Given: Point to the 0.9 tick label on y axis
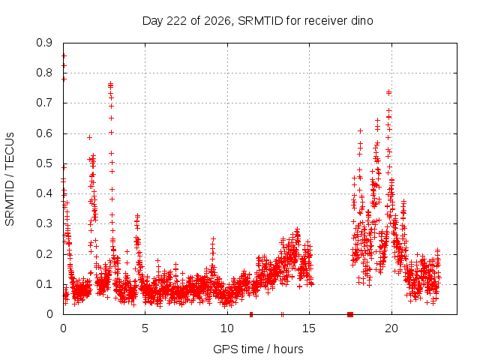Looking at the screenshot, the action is click(x=44, y=43).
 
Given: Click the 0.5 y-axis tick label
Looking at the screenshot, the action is click(x=44, y=163).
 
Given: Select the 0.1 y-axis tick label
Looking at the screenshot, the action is click(x=44, y=284).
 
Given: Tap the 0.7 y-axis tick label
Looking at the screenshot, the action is click(x=44, y=103).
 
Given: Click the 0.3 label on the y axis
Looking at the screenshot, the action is click(x=44, y=223).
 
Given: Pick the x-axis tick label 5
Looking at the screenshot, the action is click(x=145, y=328).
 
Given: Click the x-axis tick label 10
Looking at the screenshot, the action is click(x=227, y=328).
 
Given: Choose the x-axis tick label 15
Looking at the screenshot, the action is click(x=309, y=328).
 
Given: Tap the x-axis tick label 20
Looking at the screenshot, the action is click(x=391, y=328).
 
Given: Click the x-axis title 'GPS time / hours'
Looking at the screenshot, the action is click(x=258, y=349).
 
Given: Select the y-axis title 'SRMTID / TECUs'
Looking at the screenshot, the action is click(x=10, y=179).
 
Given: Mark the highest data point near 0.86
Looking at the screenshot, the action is click(x=64, y=55).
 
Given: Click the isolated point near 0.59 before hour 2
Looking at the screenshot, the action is click(x=89, y=137).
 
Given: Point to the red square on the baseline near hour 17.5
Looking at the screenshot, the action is click(x=350, y=314).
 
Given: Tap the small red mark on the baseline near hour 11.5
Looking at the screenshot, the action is click(x=251, y=314).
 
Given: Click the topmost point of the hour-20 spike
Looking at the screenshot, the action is click(x=388, y=91).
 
